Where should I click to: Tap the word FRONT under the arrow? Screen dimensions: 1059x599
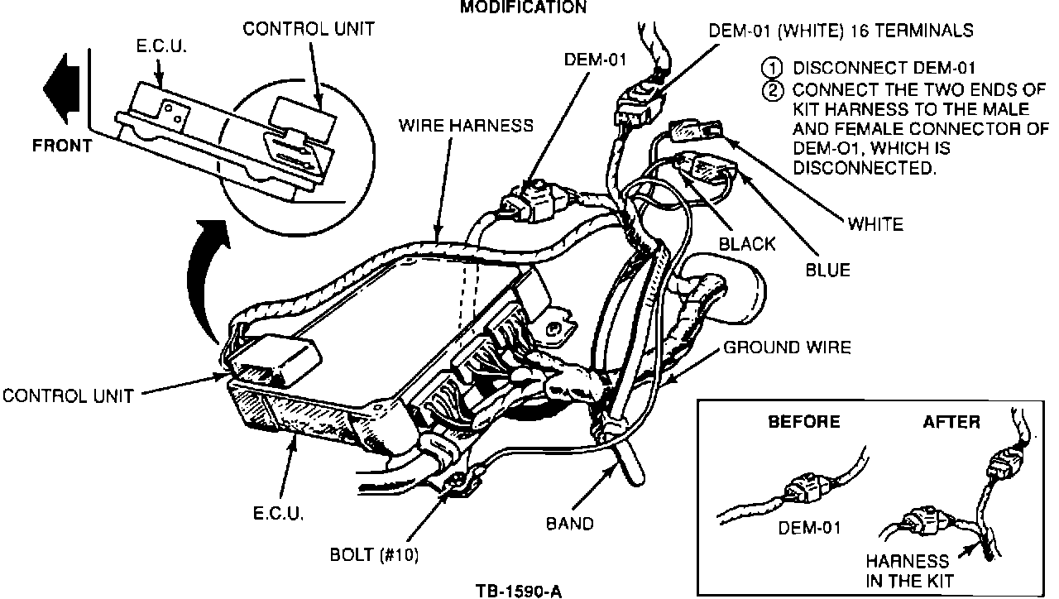tap(62, 146)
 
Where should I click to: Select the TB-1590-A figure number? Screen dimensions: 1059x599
tap(519, 592)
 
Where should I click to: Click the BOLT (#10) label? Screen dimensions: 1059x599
tap(374, 554)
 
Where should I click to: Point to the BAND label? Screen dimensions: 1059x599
tap(570, 524)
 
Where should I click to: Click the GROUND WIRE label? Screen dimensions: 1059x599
tap(787, 347)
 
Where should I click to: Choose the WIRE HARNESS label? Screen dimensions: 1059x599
tap(466, 126)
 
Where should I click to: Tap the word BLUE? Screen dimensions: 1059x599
tap(828, 270)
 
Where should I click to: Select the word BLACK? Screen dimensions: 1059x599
tap(747, 244)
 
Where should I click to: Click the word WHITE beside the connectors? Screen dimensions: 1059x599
tap(875, 224)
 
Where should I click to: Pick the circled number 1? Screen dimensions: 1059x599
tap(772, 69)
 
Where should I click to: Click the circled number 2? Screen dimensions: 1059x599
tap(772, 90)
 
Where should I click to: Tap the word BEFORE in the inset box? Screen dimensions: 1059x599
tap(804, 422)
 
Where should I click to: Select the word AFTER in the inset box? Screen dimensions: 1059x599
tap(951, 422)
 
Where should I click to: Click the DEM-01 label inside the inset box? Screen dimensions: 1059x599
tap(809, 528)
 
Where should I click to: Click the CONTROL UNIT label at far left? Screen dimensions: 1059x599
tap(68, 396)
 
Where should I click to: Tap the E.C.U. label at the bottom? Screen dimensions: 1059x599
tap(278, 514)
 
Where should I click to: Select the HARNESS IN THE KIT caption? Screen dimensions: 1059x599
tap(909, 571)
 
